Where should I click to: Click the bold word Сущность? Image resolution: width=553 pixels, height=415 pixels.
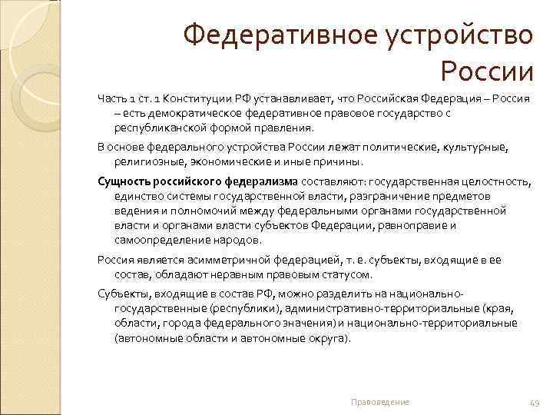[x=124, y=181]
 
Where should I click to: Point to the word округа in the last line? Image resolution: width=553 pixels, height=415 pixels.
[x=323, y=337]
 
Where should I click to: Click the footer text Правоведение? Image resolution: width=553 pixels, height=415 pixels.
[x=379, y=402]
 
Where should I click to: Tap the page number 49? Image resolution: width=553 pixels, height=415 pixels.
[x=535, y=402]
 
